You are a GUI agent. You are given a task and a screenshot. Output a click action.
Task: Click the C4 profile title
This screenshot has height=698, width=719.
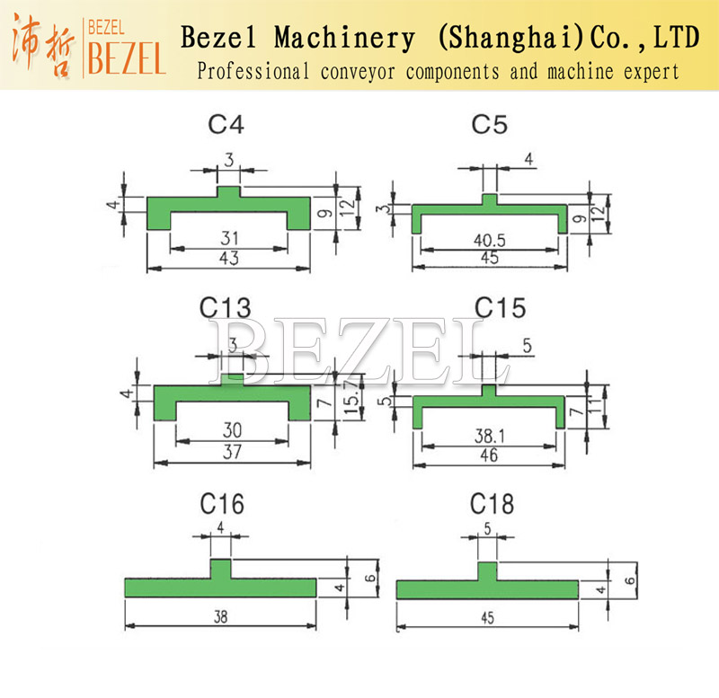point(226,124)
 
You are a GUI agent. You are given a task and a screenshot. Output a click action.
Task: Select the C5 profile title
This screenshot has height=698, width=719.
point(490,124)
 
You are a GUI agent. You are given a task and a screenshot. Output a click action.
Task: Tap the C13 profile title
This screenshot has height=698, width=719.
point(225,309)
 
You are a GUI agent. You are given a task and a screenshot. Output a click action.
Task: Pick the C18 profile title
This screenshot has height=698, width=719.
point(491,504)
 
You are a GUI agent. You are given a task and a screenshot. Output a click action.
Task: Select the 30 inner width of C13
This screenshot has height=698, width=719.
point(231,432)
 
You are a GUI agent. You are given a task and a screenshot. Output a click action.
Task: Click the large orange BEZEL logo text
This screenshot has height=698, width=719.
point(126,56)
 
